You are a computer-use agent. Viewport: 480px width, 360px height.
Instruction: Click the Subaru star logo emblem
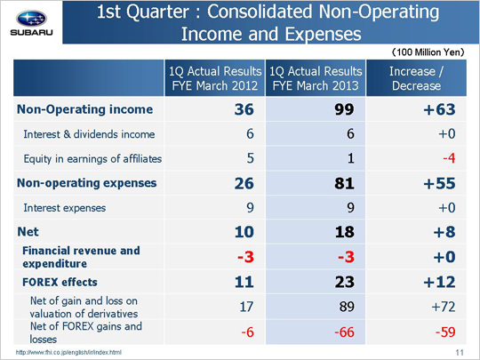click(31, 19)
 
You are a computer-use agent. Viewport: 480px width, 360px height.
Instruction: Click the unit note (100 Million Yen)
click(428, 52)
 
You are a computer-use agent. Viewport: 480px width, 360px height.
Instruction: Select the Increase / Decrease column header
click(416, 78)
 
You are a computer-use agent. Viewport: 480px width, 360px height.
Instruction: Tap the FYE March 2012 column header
click(215, 78)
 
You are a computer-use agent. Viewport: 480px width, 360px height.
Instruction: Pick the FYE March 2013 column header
click(316, 78)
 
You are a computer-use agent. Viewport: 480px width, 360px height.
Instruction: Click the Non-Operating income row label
click(84, 109)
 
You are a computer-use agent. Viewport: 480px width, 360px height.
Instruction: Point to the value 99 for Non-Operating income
click(344, 109)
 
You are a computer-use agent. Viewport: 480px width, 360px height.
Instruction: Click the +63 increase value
click(440, 109)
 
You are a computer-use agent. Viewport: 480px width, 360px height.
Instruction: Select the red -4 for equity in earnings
click(449, 158)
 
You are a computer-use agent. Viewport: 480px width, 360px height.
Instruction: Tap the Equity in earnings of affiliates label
click(92, 159)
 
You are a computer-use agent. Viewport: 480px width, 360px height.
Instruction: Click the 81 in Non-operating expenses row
click(344, 183)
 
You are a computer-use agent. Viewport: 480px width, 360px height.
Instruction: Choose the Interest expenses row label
click(65, 208)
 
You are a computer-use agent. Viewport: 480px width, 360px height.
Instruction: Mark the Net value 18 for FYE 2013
click(344, 232)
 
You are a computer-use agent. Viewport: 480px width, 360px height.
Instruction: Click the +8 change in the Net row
click(444, 232)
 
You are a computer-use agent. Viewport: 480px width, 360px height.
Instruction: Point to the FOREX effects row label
click(60, 282)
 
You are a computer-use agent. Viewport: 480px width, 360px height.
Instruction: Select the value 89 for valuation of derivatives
click(347, 307)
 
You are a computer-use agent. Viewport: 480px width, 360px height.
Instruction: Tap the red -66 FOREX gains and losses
click(344, 332)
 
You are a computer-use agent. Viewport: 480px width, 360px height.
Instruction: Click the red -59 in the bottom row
click(445, 332)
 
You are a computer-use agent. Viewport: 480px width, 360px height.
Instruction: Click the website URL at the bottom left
click(68, 353)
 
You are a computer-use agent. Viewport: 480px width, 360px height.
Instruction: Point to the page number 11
click(460, 353)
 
